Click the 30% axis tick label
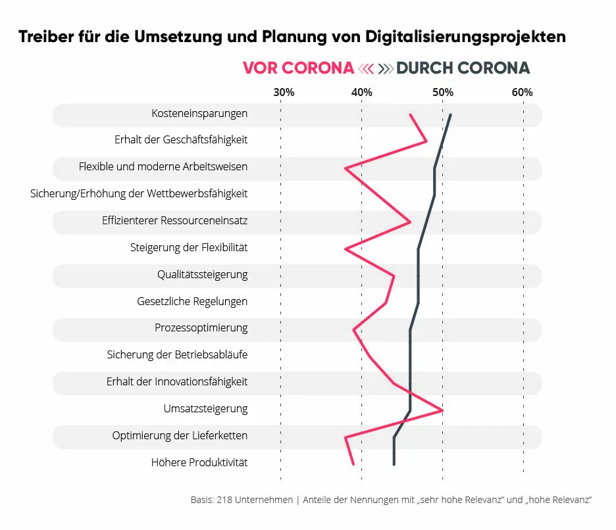(284, 92)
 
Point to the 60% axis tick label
(523, 92)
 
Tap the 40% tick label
(362, 92)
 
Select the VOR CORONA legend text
(298, 68)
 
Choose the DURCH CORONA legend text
(463, 68)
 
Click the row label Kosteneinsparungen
(199, 113)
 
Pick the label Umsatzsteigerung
(205, 409)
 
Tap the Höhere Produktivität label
(199, 462)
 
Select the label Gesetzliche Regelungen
(192, 302)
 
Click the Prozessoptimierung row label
(201, 327)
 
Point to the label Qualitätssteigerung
(202, 274)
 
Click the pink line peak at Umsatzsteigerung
(442, 410)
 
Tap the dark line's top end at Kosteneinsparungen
(450, 115)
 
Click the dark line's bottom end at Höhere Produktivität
(394, 464)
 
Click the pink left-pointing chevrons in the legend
(366, 68)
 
